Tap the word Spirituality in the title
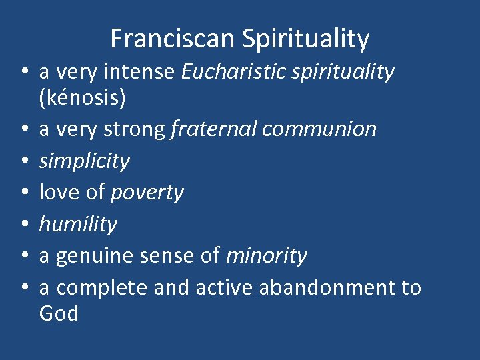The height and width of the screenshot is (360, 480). click(x=305, y=39)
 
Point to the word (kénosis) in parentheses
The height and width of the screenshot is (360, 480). click(x=82, y=97)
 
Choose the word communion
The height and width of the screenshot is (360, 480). click(x=319, y=129)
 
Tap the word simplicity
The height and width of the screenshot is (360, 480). click(x=85, y=161)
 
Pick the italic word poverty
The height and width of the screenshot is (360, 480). click(x=147, y=193)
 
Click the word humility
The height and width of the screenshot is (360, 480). click(x=78, y=225)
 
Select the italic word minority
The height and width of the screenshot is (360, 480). click(x=267, y=256)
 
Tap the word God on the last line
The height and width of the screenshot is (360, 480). click(x=59, y=313)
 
